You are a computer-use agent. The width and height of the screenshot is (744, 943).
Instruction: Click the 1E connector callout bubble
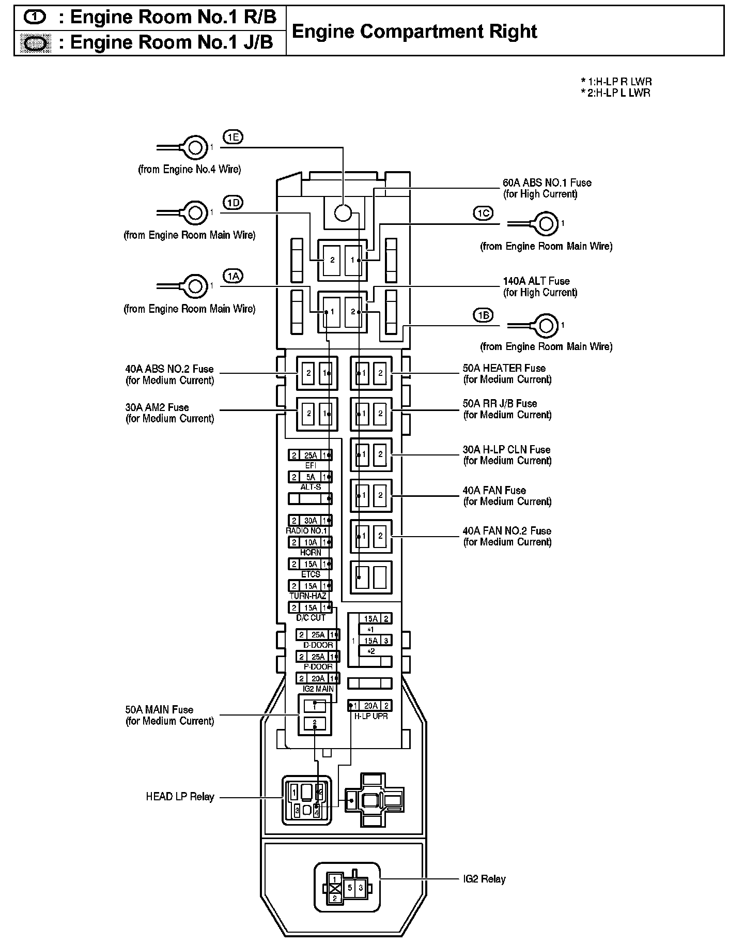click(233, 137)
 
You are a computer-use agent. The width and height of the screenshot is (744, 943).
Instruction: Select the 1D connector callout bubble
click(233, 202)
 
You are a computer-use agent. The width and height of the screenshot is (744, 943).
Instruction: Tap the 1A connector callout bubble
click(233, 277)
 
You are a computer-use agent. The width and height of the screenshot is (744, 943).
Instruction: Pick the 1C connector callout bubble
click(483, 213)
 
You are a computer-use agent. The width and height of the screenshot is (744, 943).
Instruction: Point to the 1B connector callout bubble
click(483, 315)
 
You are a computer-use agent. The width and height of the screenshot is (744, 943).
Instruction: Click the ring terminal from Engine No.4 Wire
click(195, 148)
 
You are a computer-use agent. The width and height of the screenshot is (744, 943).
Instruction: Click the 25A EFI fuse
click(311, 455)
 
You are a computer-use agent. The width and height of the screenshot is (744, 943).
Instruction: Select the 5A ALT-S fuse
click(311, 477)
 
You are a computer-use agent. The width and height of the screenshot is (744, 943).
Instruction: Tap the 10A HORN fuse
click(311, 542)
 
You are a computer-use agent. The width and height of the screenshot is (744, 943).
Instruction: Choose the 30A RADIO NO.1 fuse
click(311, 521)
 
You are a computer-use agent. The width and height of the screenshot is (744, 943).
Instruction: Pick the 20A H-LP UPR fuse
click(370, 706)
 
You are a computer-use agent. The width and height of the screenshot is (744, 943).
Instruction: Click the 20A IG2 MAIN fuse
click(318, 678)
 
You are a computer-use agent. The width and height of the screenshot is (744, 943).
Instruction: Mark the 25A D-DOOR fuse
click(318, 635)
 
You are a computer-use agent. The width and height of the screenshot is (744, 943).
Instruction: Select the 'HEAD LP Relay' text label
click(180, 797)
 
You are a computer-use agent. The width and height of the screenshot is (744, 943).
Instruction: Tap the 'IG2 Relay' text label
click(484, 879)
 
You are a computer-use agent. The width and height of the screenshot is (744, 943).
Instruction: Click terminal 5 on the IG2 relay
click(350, 888)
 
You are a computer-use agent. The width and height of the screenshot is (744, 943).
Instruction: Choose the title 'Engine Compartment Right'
click(414, 32)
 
